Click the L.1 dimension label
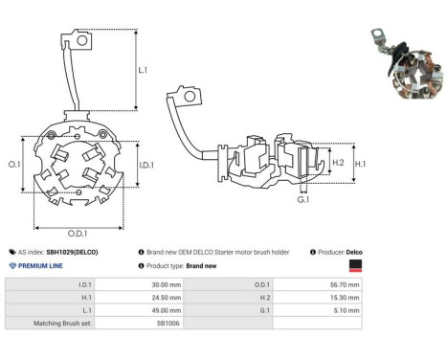[x=143, y=70]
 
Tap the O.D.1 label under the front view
[x=78, y=234]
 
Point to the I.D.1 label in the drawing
[x=146, y=165]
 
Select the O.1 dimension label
[x=14, y=165]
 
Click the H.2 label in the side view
[x=338, y=163]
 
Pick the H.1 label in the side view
[x=361, y=164]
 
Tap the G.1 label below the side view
[x=303, y=200]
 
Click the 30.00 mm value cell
[x=167, y=284]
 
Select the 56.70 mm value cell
[x=345, y=284]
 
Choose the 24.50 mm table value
[x=167, y=298]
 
